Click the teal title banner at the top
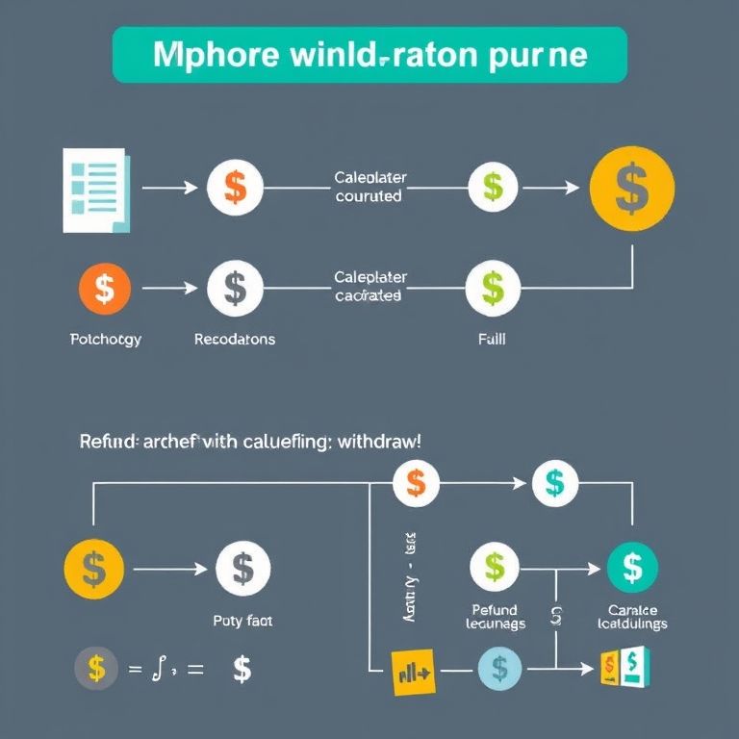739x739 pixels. (369, 55)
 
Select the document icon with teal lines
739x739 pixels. (94, 190)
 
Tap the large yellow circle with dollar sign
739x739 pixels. (630, 189)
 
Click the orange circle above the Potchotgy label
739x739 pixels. (105, 287)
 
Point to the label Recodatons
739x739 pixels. (234, 340)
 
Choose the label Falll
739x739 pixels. (492, 340)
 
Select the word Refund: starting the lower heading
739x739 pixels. (109, 441)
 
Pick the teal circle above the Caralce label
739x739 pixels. (632, 567)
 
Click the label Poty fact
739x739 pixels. (242, 622)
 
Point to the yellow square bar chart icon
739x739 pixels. (413, 670)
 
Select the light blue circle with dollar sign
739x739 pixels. (498, 667)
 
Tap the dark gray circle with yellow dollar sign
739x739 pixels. (96, 668)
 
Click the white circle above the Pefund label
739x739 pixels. (495, 566)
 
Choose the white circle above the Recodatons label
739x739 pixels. (235, 287)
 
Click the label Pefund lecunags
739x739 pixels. (496, 617)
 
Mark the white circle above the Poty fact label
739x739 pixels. (242, 568)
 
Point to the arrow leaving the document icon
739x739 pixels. (165, 188)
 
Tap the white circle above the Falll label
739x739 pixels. (493, 287)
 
